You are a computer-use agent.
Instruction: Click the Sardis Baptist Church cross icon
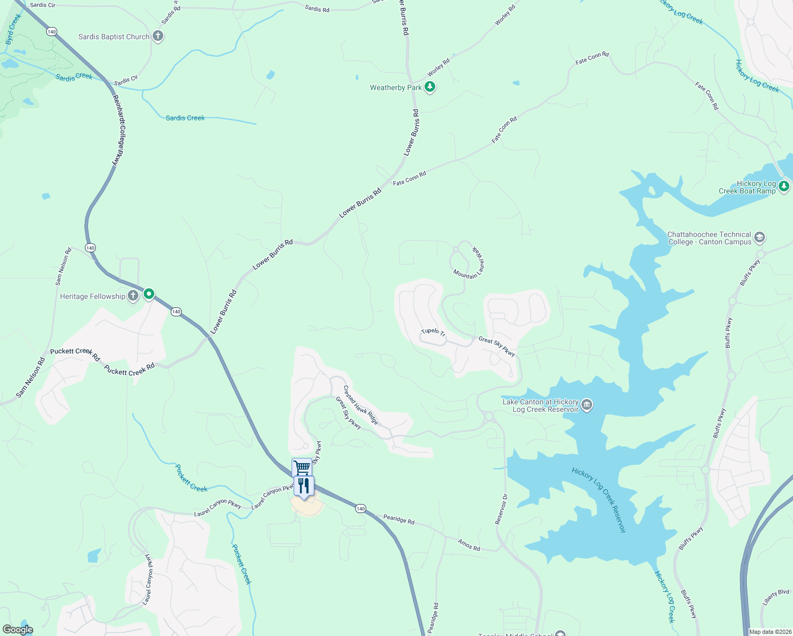pos(157,36)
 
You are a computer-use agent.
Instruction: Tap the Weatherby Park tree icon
pos(430,87)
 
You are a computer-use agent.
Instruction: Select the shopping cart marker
pos(302,467)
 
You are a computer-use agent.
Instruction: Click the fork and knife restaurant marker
pos(304,486)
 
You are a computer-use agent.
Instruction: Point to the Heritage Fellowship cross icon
pos(133,296)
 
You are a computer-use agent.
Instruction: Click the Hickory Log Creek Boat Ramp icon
pos(784,187)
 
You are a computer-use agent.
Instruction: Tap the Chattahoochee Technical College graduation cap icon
pos(759,237)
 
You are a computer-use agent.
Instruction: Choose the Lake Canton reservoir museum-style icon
pos(586,405)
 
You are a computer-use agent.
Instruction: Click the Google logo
pos(18,629)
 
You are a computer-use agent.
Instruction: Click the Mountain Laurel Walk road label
pos(470,263)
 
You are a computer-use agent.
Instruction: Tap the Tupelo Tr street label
pos(433,332)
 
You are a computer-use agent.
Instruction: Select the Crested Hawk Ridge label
pos(360,405)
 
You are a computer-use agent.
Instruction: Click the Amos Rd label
pos(469,545)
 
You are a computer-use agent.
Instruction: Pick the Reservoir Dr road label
pos(501,509)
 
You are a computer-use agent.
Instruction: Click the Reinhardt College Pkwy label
pos(118,130)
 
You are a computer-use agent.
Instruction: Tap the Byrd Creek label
pos(13,29)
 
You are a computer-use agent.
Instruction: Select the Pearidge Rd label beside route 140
pos(399,519)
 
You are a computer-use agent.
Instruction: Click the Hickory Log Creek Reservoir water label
pos(599,500)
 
